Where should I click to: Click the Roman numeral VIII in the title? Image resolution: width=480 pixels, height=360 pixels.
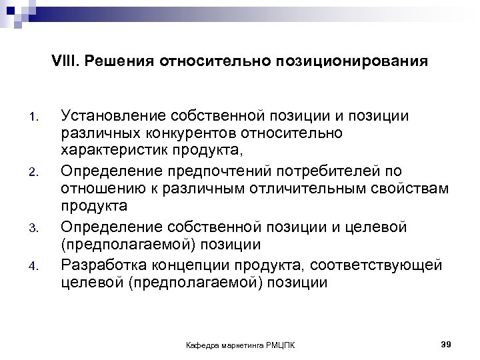pos(63,62)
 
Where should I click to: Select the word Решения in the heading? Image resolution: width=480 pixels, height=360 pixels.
pos(108,62)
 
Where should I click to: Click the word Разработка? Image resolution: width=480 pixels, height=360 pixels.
pos(103,265)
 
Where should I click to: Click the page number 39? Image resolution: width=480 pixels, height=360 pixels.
pos(447,343)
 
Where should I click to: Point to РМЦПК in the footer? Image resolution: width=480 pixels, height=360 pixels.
pos(282,345)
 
